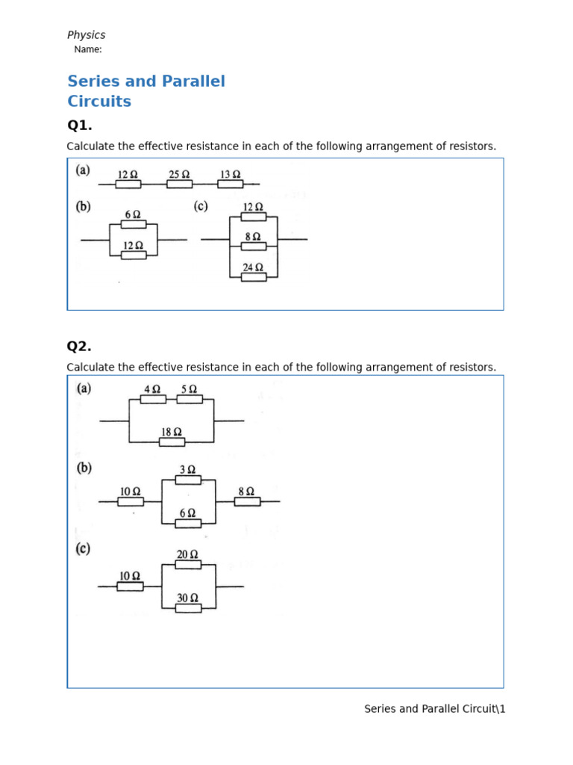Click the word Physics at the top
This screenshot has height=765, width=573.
click(x=86, y=35)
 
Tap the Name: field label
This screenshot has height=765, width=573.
click(x=88, y=49)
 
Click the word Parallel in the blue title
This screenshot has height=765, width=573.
click(x=188, y=81)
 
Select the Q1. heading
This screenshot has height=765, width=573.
click(x=79, y=125)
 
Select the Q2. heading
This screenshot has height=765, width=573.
click(x=79, y=346)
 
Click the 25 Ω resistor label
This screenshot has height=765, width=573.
click(x=179, y=174)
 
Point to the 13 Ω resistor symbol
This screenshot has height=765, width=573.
click(x=230, y=184)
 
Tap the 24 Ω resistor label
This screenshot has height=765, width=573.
click(x=253, y=267)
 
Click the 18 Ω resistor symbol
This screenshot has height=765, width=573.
click(x=172, y=442)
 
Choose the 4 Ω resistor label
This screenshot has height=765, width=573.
click(x=152, y=388)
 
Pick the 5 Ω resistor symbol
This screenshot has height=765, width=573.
click(x=190, y=399)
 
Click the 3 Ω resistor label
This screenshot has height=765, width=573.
click(x=188, y=469)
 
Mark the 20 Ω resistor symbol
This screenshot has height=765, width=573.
click(x=188, y=565)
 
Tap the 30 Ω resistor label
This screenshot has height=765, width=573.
click(x=188, y=598)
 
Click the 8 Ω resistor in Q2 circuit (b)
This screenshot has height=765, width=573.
click(x=247, y=501)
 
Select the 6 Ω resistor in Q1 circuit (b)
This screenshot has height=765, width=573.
click(x=133, y=224)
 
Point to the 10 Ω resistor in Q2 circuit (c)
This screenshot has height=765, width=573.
click(x=130, y=586)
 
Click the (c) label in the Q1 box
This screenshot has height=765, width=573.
click(x=200, y=206)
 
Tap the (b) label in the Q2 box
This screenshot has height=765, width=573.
click(x=84, y=468)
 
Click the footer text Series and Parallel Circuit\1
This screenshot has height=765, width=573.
click(x=434, y=708)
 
